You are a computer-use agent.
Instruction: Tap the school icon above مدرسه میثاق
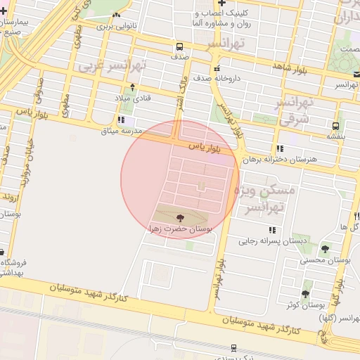[x=121, y=120]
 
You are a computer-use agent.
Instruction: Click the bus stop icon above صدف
[x=179, y=48]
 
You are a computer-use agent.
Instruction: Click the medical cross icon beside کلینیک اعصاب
[x=221, y=4]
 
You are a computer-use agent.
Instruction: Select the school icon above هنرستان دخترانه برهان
[x=281, y=149]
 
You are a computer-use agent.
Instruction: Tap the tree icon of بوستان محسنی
[x=325, y=249]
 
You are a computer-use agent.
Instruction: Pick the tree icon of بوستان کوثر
[x=304, y=294]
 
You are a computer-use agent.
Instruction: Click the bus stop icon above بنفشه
[x=335, y=127]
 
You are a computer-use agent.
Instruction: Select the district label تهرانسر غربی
[x=112, y=67]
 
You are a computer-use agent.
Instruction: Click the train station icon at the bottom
[x=233, y=347]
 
